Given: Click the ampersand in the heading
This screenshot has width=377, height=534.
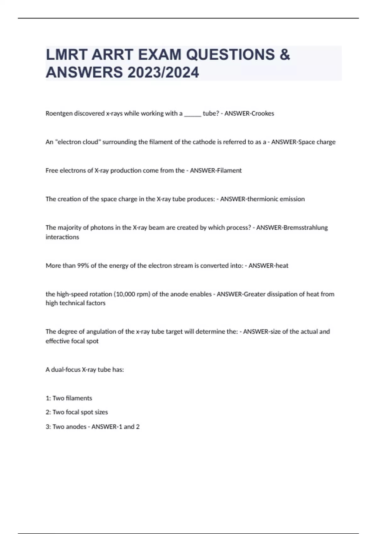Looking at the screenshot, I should click(x=284, y=55).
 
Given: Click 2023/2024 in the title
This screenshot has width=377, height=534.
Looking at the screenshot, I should click(x=163, y=72).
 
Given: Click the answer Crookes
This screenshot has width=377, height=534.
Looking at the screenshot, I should click(x=262, y=113).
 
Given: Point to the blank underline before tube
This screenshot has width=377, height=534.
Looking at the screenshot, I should click(x=192, y=114).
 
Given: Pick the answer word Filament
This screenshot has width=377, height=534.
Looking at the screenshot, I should click(x=229, y=171).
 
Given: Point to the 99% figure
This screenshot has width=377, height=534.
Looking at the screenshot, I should click(x=83, y=266).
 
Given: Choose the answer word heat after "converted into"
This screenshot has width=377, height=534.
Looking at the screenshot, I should click(x=282, y=266).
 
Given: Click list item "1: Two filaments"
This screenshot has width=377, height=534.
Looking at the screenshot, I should click(x=69, y=398).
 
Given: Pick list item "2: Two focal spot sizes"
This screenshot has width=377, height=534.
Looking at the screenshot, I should click(x=77, y=412).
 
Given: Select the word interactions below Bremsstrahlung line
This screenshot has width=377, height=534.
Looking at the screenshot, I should click(x=62, y=237).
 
